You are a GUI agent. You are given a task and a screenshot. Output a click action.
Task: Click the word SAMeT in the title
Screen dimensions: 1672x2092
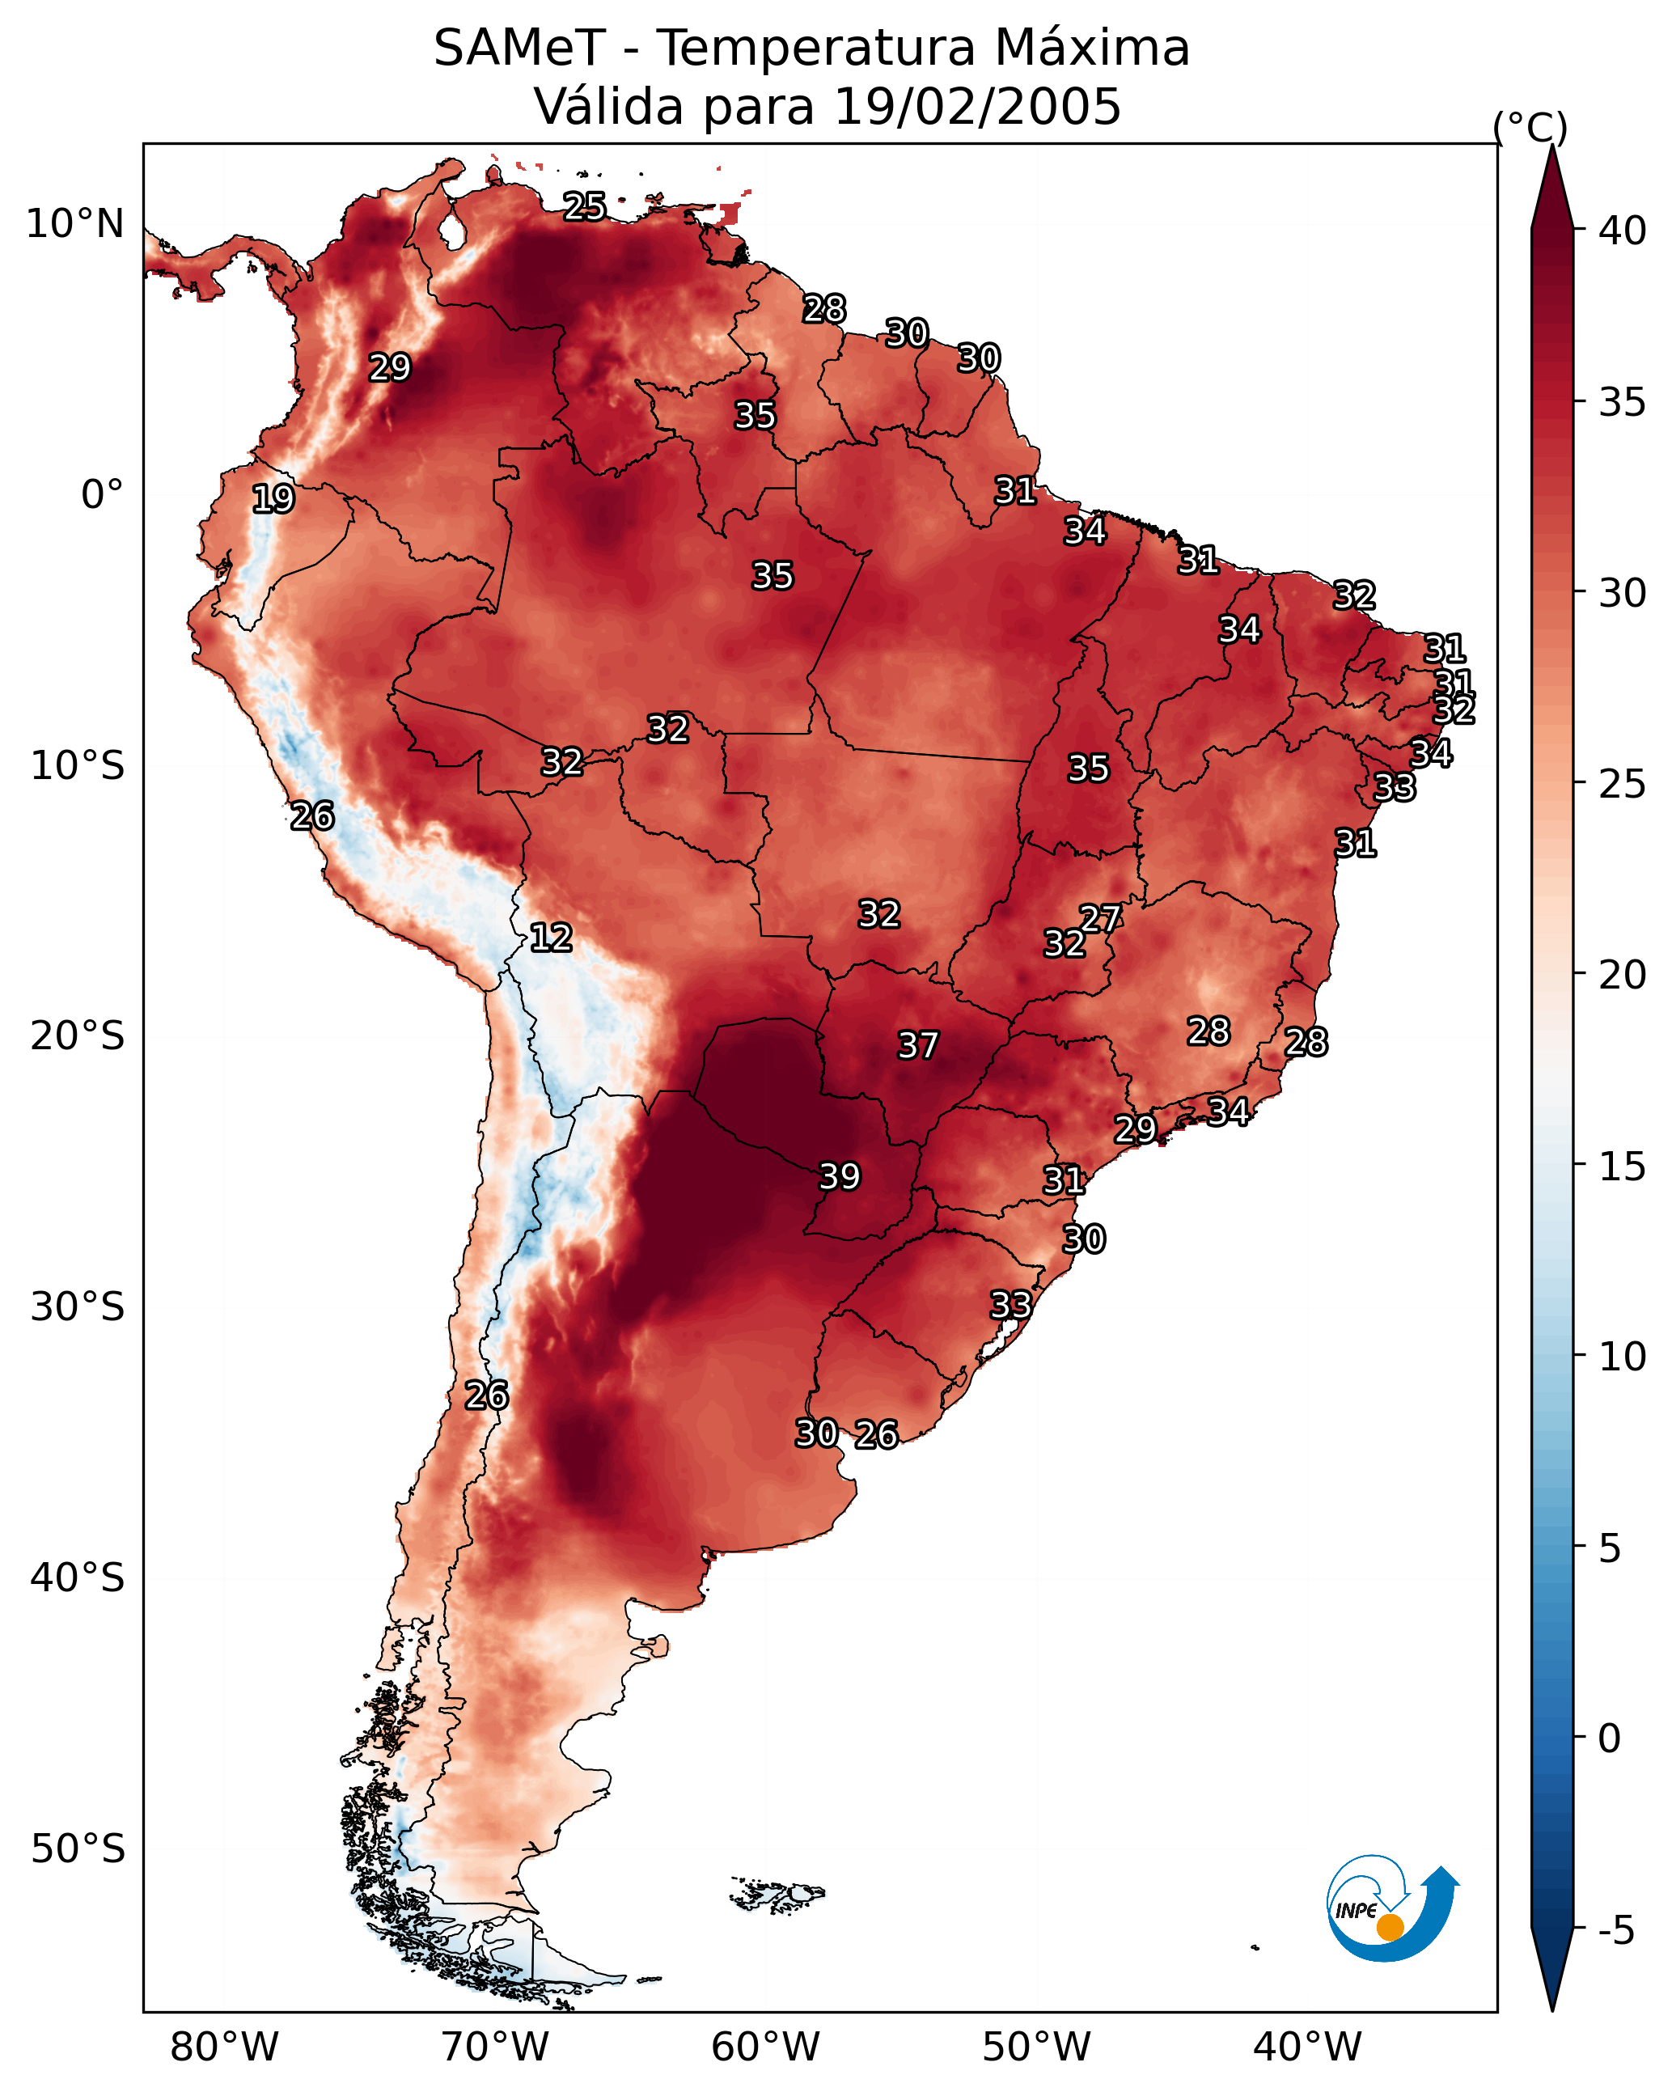tap(519, 49)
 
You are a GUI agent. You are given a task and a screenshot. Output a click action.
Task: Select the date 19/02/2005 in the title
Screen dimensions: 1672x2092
tap(977, 107)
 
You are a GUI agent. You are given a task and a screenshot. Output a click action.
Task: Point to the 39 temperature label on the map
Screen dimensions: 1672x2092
tap(840, 1177)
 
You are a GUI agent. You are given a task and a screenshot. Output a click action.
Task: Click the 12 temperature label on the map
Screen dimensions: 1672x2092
tap(550, 938)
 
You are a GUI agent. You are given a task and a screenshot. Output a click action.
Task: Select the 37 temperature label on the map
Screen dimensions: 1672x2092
tap(918, 1046)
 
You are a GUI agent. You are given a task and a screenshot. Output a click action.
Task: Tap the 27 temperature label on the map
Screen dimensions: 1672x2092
tap(1100, 919)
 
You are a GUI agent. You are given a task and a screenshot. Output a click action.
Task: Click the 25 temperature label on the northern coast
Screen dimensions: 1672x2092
tap(585, 206)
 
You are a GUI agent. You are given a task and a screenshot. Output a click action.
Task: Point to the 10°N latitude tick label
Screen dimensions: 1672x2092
tap(74, 224)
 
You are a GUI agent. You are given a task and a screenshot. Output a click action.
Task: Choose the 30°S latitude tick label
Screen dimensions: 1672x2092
tap(78, 1307)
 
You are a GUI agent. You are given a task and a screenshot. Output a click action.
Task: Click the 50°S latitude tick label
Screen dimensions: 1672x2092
tap(78, 1849)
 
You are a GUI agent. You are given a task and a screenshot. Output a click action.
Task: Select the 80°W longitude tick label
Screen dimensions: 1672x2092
tap(224, 2048)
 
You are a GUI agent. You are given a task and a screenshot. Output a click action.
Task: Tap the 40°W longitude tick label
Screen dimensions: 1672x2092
tap(1307, 2048)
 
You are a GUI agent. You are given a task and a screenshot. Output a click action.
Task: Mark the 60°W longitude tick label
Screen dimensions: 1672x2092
tap(766, 2048)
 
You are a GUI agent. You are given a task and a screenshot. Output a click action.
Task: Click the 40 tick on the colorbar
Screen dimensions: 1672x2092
tap(1623, 231)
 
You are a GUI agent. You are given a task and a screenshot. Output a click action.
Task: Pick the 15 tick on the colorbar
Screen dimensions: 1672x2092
tap(1623, 1167)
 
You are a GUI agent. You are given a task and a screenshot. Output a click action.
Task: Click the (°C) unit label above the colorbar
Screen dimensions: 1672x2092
tap(1530, 127)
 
